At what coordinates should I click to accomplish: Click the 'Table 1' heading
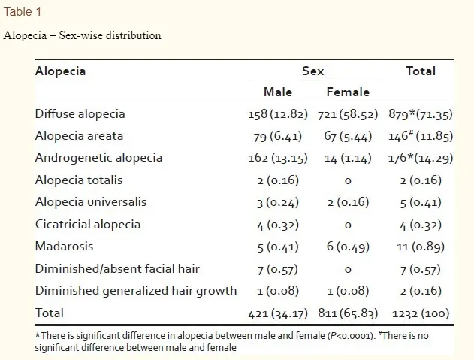[22, 12]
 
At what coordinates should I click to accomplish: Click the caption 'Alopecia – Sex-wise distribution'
[82, 35]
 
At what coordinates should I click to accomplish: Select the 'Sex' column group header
[313, 71]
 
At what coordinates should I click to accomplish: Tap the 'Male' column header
[278, 92]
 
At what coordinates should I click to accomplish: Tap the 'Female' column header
[348, 92]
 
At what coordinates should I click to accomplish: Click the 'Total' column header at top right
[421, 71]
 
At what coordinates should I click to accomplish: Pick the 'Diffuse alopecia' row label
[80, 114]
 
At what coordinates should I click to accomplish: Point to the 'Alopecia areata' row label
[79, 136]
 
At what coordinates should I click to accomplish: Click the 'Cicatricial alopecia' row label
[87, 224]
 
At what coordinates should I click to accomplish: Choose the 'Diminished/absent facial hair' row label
[117, 268]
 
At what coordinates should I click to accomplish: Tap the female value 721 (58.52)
[348, 115]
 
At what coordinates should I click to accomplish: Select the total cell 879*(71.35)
[421, 115]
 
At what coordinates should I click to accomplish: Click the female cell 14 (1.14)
[348, 159]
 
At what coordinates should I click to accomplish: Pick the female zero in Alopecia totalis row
[348, 180]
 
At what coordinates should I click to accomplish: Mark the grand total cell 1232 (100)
[421, 313]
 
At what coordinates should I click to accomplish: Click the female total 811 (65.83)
[348, 313]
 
